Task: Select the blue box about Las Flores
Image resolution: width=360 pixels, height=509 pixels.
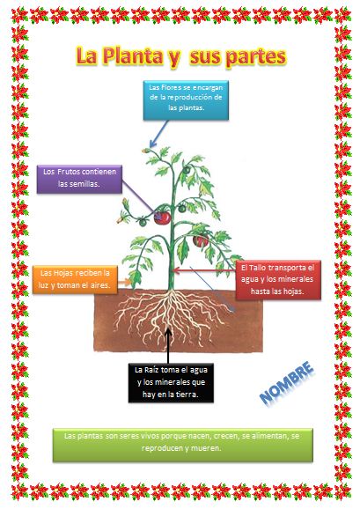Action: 186,100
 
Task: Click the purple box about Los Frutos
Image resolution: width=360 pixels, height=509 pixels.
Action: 79,179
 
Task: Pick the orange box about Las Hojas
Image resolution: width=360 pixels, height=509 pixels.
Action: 75,280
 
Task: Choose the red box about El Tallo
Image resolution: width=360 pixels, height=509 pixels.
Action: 278,279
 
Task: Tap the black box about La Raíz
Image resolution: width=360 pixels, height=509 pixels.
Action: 171,383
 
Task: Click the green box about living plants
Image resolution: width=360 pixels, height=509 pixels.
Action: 182,445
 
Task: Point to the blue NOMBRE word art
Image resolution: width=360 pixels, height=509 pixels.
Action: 287,383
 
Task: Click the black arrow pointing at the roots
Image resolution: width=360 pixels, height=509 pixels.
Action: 168,346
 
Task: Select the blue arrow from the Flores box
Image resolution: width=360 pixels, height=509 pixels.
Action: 159,134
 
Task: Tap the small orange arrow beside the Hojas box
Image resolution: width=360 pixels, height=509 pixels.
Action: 124,282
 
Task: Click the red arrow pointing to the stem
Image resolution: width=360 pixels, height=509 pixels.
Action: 204,269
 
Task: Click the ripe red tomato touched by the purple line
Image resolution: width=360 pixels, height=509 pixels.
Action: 162,218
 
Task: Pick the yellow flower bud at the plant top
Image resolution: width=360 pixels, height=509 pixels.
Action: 146,151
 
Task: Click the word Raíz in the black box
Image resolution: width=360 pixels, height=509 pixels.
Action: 151,370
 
